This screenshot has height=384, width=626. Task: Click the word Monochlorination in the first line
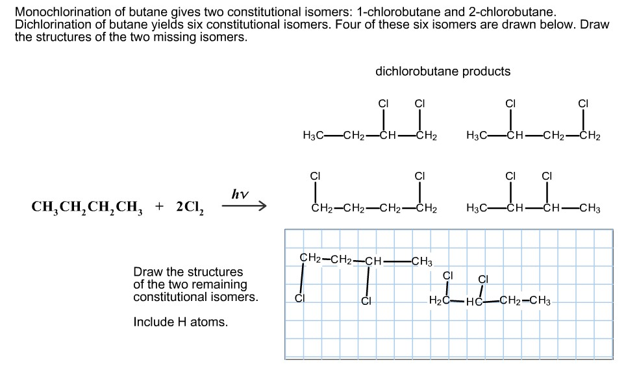[x=63, y=12]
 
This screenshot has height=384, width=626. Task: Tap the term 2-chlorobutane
[x=512, y=12]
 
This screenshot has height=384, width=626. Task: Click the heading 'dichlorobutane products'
[x=443, y=71]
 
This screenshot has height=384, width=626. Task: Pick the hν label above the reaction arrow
[x=240, y=194]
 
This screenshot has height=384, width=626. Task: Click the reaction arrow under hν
[x=244, y=206]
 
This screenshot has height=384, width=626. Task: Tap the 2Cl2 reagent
[x=190, y=207]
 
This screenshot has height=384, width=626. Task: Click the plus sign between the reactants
[x=159, y=206]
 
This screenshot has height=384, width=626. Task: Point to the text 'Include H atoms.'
[x=181, y=322]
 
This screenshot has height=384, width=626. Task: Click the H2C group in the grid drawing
[x=439, y=300]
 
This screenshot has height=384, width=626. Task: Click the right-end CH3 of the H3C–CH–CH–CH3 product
[x=590, y=209]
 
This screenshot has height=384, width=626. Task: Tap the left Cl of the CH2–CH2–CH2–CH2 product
[x=316, y=176]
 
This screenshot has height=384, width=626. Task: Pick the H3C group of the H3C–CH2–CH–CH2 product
[x=314, y=136]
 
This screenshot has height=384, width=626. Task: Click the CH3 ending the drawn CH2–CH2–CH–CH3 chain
[x=421, y=261]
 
